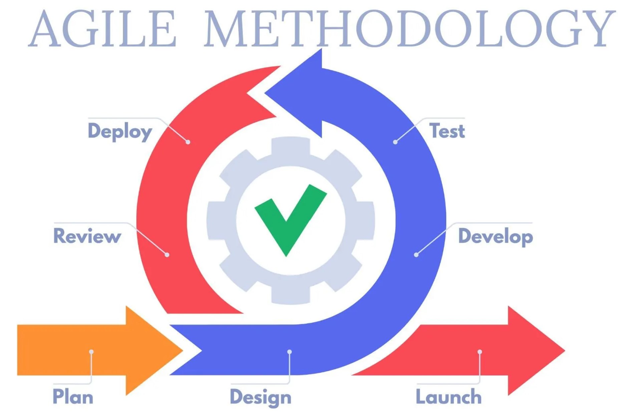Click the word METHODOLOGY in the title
point(409,28)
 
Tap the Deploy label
point(120,131)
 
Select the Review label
point(87,236)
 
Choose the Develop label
point(496,236)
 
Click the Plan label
point(73,396)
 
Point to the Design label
point(261,397)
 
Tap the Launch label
point(448,396)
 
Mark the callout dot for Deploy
point(188,142)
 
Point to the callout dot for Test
point(395,142)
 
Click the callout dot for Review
point(167,255)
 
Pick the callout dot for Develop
point(416,255)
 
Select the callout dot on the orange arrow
point(91,352)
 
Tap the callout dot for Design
point(289,352)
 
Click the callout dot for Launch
point(480,352)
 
